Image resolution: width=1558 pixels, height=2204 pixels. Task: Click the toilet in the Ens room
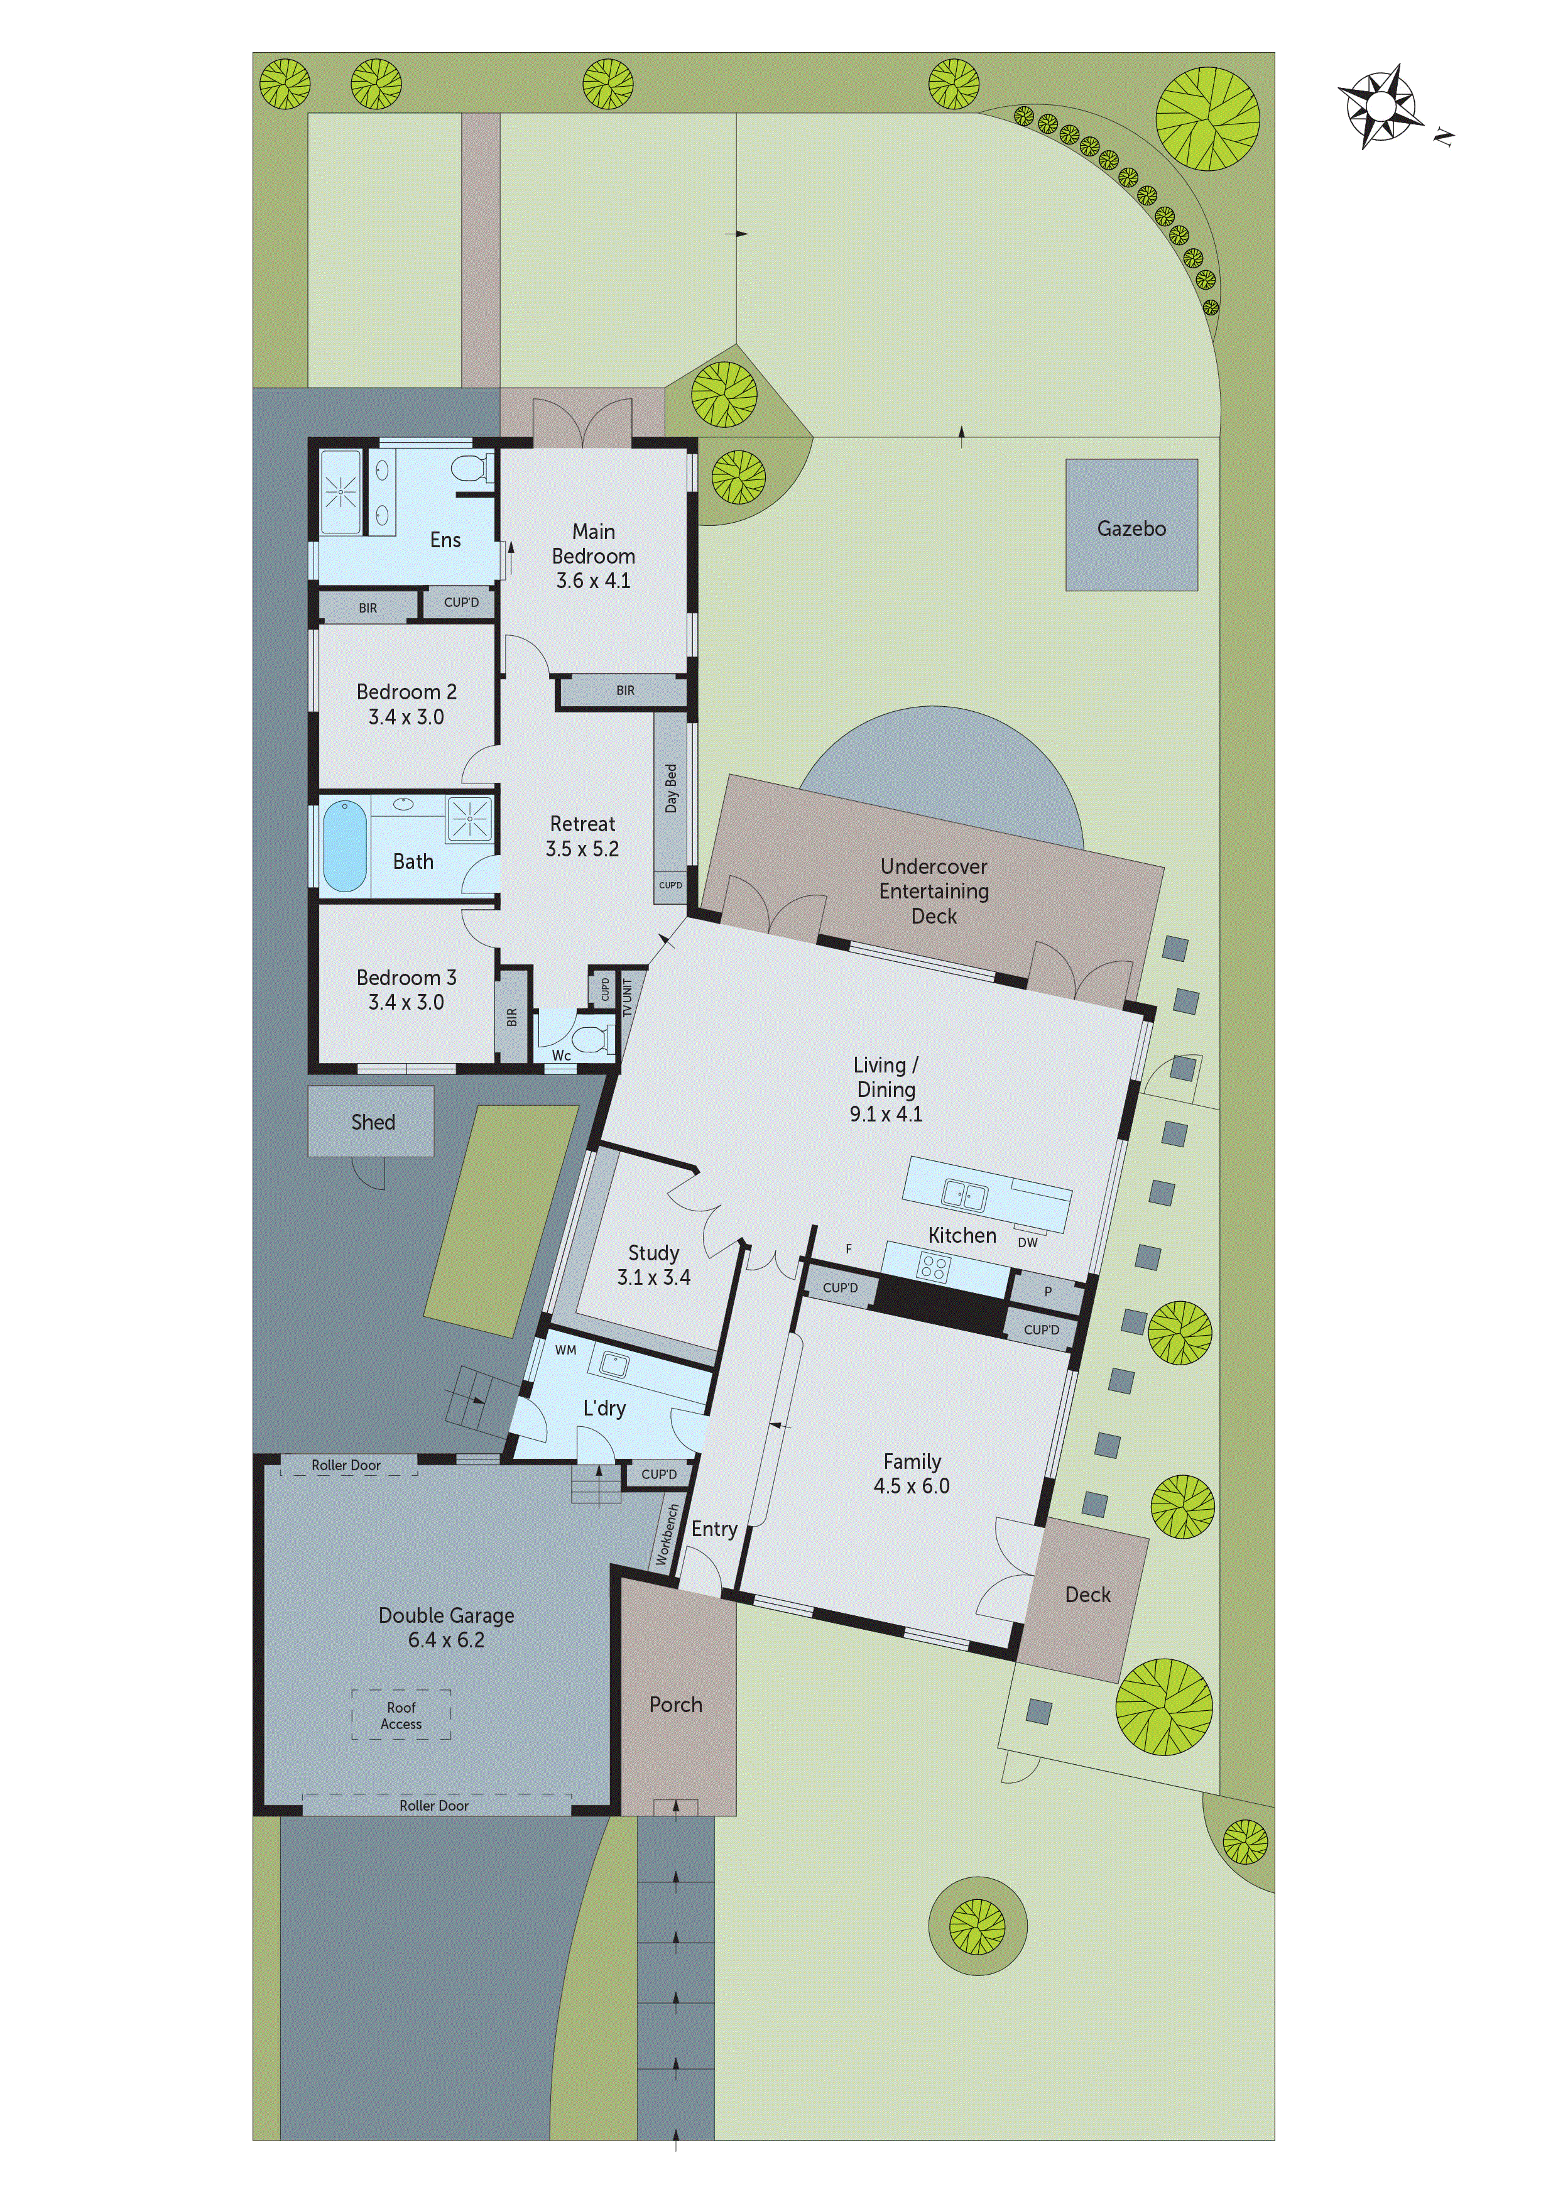(x=471, y=469)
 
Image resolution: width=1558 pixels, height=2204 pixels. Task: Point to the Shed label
(x=373, y=1122)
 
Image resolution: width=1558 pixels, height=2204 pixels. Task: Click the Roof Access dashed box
(x=401, y=1715)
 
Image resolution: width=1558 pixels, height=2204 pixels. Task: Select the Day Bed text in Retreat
(x=671, y=788)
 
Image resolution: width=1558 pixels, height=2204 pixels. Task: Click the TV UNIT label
(x=628, y=997)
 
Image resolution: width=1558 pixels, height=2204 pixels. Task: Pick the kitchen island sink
(x=964, y=1195)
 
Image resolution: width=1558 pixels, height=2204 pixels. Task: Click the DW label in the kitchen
(x=1027, y=1242)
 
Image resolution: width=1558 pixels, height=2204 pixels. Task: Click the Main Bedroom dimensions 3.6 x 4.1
(x=593, y=581)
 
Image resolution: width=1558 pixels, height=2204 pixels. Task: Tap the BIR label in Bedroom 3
(x=511, y=1017)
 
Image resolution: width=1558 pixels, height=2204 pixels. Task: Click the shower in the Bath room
(x=469, y=820)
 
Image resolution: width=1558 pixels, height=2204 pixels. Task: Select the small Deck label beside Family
(x=1087, y=1595)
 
